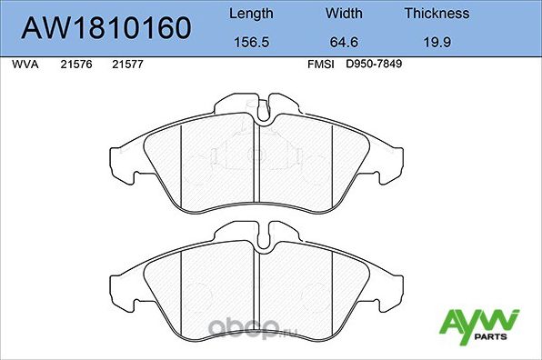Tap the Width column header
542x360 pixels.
(x=345, y=14)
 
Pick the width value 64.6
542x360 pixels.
(x=345, y=42)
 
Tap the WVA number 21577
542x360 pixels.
(x=125, y=65)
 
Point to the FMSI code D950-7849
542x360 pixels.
(x=373, y=65)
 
